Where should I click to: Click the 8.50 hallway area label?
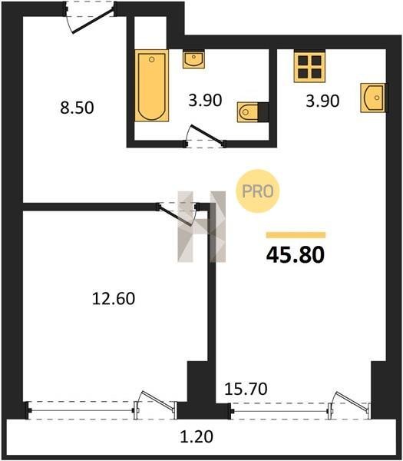coord(77,108)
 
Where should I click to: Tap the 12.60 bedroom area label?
coord(114,299)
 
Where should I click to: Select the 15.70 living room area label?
coord(246,389)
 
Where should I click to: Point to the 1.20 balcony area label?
coord(197,436)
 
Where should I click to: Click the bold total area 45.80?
coord(296,254)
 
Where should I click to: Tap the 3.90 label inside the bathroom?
coord(205,100)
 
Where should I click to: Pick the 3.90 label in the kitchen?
coord(322,101)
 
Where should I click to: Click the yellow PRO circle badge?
coord(258,191)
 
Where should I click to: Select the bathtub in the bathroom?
coord(151,85)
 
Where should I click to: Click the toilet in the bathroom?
coord(253,112)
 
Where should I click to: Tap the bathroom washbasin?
coord(193,60)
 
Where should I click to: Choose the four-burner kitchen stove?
coord(309,66)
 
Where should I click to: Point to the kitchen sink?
coord(374,98)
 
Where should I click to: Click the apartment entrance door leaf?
coord(93,22)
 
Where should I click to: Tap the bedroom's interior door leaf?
coord(174,216)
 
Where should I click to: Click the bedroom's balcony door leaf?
coord(157,400)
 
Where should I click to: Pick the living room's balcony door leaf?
coord(352,400)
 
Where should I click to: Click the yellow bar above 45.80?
coord(296,235)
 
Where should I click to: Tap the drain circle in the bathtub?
coord(151,60)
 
